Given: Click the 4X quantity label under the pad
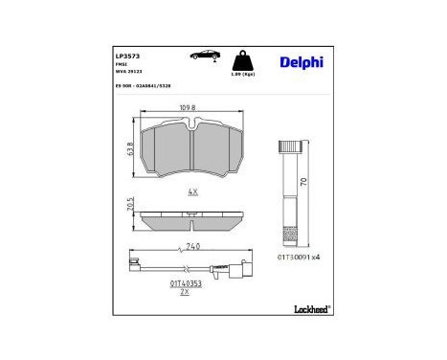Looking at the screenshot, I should pyautogui.click(x=193, y=192).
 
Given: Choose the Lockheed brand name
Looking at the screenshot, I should pyautogui.click(x=308, y=309).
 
